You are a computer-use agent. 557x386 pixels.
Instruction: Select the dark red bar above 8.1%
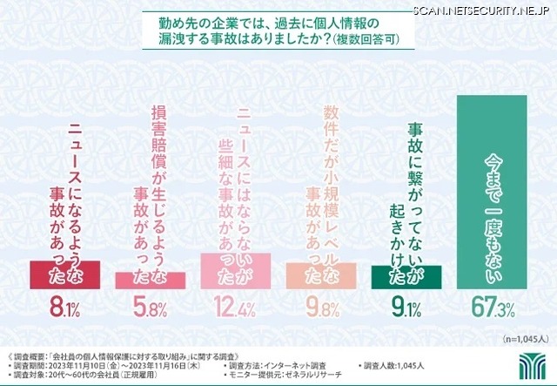click(x=65, y=274)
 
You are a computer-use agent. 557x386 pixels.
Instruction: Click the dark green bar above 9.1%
click(x=406, y=274)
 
